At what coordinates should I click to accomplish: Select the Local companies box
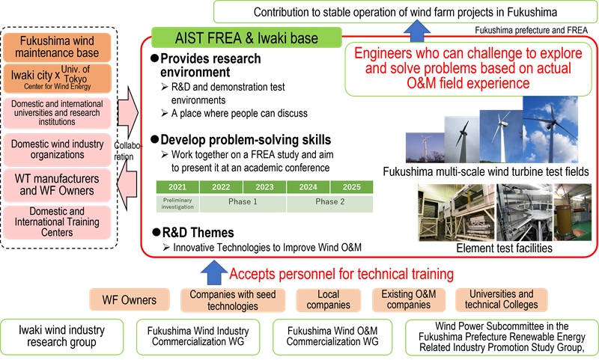point(324,299)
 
